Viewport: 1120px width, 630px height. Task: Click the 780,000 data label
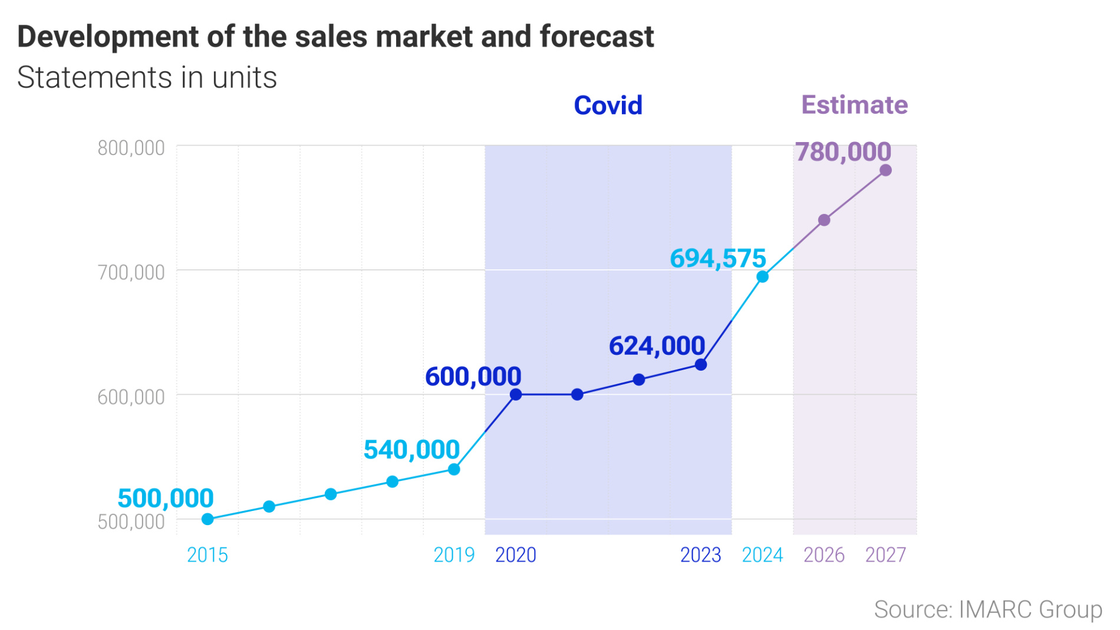pyautogui.click(x=843, y=152)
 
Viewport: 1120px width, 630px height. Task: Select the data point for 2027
pyautogui.click(x=885, y=170)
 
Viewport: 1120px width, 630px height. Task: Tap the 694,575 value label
pyautogui.click(x=717, y=259)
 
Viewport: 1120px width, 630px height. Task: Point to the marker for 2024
pyautogui.click(x=762, y=277)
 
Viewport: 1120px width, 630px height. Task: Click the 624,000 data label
pyautogui.click(x=657, y=346)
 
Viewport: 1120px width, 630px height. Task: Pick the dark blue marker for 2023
pyautogui.click(x=701, y=365)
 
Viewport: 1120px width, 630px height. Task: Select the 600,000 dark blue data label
pyautogui.click(x=473, y=377)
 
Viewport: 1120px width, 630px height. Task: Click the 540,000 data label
pyautogui.click(x=411, y=450)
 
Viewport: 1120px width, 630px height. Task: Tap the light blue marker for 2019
pyautogui.click(x=454, y=470)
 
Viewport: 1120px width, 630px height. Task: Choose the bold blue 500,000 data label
pyautogui.click(x=166, y=499)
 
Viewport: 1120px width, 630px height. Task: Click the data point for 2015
pyautogui.click(x=207, y=519)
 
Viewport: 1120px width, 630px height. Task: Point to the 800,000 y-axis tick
pyautogui.click(x=131, y=148)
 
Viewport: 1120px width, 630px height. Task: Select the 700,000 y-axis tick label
pyautogui.click(x=131, y=272)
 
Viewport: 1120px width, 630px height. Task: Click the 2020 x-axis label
pyautogui.click(x=515, y=555)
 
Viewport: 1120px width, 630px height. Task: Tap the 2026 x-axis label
pyautogui.click(x=823, y=555)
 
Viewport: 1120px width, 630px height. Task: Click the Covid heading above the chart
pyautogui.click(x=608, y=105)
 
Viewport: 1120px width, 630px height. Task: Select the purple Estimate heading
pyautogui.click(x=854, y=105)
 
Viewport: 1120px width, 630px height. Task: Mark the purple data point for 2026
pyautogui.click(x=824, y=220)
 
